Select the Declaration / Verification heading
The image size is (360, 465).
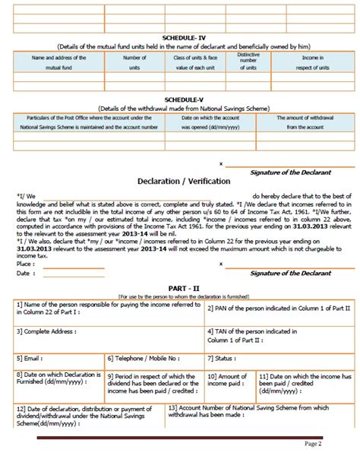(x=179, y=182)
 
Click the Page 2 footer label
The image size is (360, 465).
(x=335, y=443)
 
